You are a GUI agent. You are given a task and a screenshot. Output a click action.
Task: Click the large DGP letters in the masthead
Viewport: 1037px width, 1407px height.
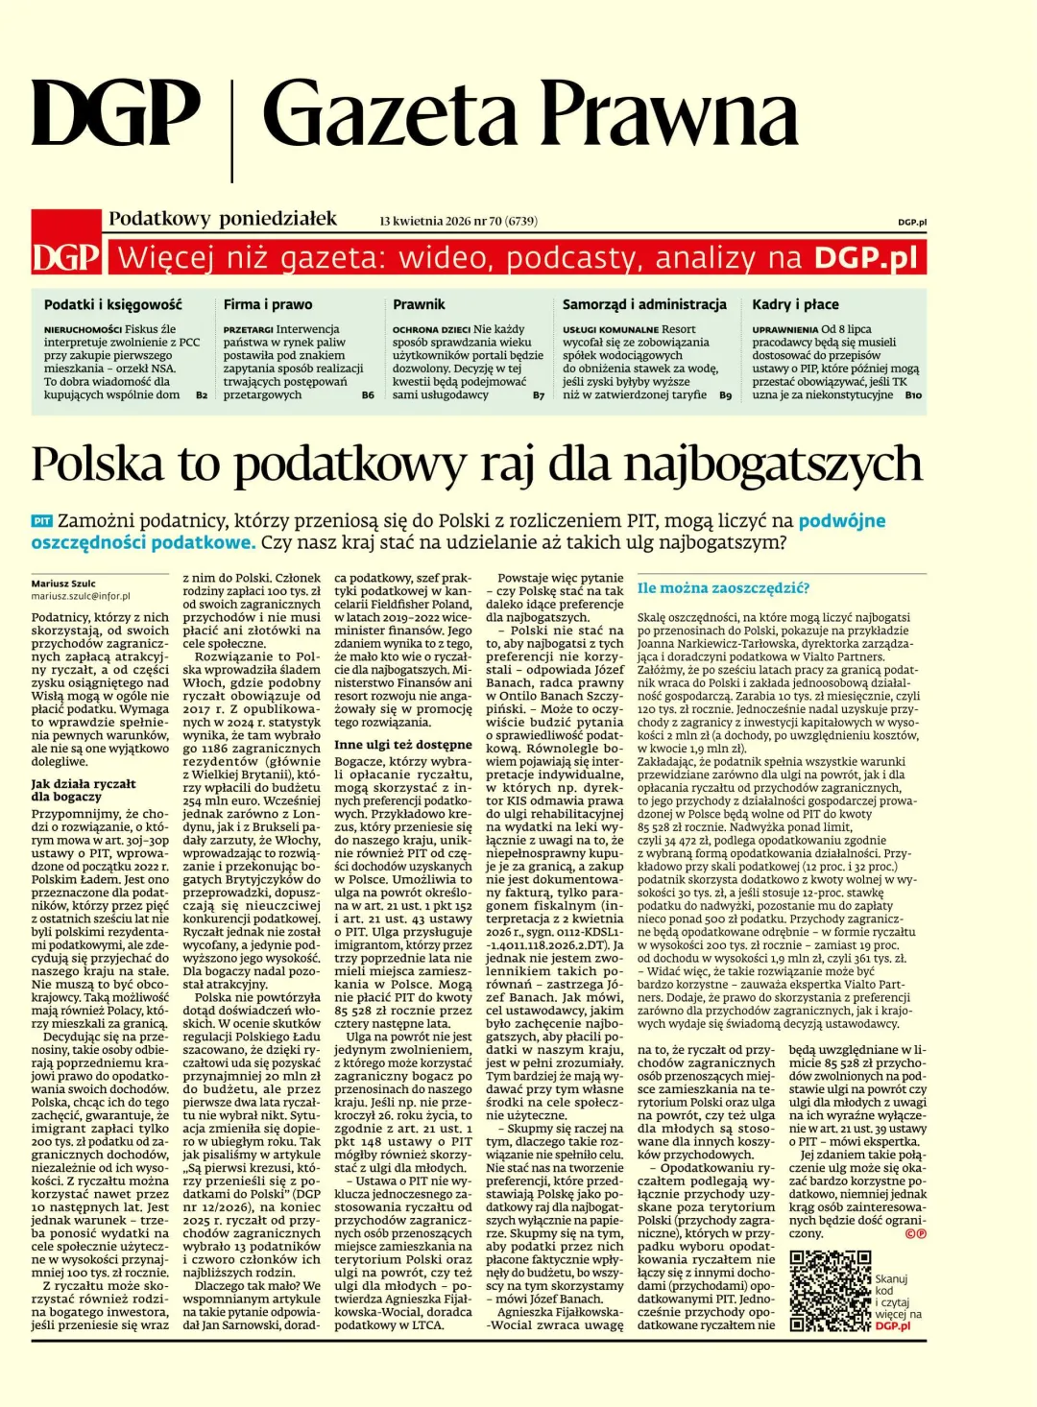115,113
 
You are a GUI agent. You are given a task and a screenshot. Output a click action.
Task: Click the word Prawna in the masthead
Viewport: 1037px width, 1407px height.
670,115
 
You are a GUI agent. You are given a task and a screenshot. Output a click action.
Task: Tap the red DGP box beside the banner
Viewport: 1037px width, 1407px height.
66,257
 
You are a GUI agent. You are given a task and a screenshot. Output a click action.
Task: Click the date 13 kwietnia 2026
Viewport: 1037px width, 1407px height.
425,222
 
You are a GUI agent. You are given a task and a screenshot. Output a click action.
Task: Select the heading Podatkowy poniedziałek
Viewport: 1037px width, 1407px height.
223,219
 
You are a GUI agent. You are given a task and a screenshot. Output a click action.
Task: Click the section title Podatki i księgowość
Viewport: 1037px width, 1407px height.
112,304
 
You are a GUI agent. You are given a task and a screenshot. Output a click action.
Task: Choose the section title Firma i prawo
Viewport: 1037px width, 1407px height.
268,304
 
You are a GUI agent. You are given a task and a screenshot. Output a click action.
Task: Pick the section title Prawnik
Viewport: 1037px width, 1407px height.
419,304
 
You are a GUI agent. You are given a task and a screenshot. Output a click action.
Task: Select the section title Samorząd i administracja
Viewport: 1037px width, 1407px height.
644,304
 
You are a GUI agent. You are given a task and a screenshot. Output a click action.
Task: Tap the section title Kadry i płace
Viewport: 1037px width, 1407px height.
795,304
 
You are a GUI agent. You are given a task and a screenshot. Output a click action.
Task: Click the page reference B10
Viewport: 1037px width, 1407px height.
912,395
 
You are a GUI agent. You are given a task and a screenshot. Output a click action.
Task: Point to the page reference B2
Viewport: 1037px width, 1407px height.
202,395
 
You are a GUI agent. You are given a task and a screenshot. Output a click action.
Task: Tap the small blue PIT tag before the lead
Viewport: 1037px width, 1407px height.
41,521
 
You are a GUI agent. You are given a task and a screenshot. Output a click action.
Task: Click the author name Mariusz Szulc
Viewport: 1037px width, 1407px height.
63,584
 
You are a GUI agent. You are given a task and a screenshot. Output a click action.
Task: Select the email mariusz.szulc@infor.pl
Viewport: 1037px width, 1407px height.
80,596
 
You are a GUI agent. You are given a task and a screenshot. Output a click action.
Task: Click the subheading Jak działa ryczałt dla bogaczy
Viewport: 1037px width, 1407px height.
83,790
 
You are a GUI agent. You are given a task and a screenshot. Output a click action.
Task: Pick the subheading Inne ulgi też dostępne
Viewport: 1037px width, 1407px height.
402,744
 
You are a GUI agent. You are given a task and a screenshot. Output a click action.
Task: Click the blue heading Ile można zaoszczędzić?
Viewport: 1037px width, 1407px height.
723,588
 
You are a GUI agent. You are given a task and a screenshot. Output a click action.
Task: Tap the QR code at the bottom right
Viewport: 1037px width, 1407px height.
830,1291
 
